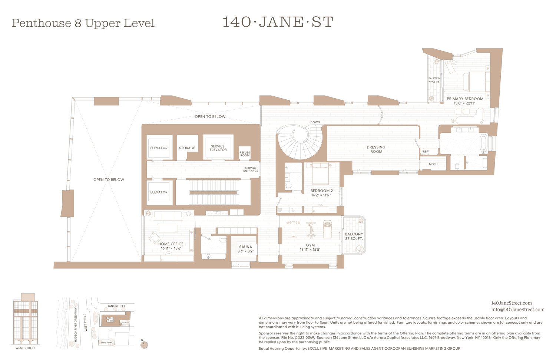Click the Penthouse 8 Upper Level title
(83, 23)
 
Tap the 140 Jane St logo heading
(278, 22)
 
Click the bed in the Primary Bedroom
(479, 82)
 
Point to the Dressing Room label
(376, 149)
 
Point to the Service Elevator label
(218, 148)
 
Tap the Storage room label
(187, 148)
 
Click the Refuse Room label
(245, 154)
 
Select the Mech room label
(433, 164)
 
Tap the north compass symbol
(144, 345)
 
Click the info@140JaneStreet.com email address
(517, 310)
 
